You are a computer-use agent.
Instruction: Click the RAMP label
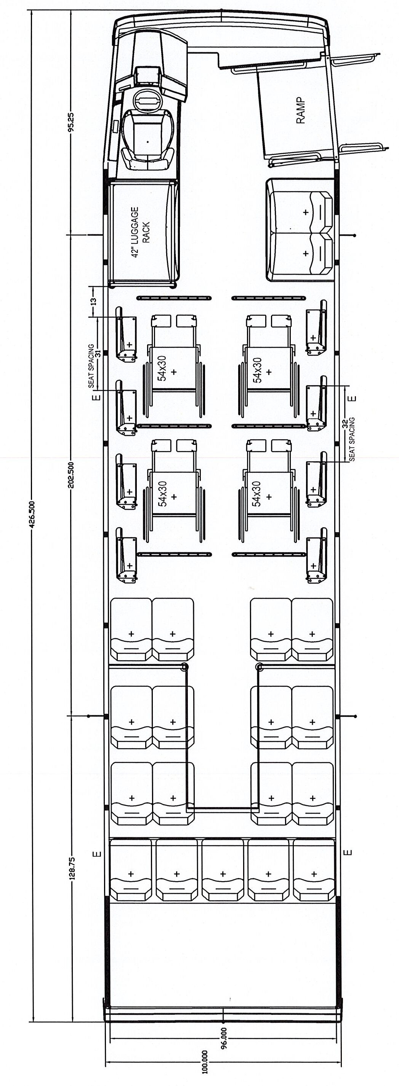click(x=301, y=110)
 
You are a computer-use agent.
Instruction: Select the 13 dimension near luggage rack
click(x=93, y=301)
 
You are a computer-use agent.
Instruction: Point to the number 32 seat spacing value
click(x=344, y=423)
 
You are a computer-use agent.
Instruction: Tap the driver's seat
click(x=147, y=139)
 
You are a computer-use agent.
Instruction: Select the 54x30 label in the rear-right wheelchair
click(x=257, y=493)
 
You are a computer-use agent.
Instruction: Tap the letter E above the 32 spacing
click(x=353, y=398)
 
